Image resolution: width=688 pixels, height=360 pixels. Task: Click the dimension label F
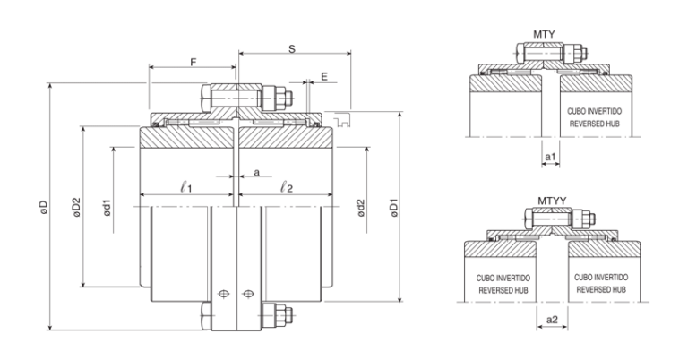click(193, 62)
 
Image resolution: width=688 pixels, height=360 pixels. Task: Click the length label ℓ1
click(187, 189)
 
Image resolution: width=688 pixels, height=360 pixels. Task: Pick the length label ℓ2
click(286, 189)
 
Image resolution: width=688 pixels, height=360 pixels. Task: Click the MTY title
click(544, 35)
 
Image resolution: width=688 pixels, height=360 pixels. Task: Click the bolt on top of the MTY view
click(551, 56)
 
